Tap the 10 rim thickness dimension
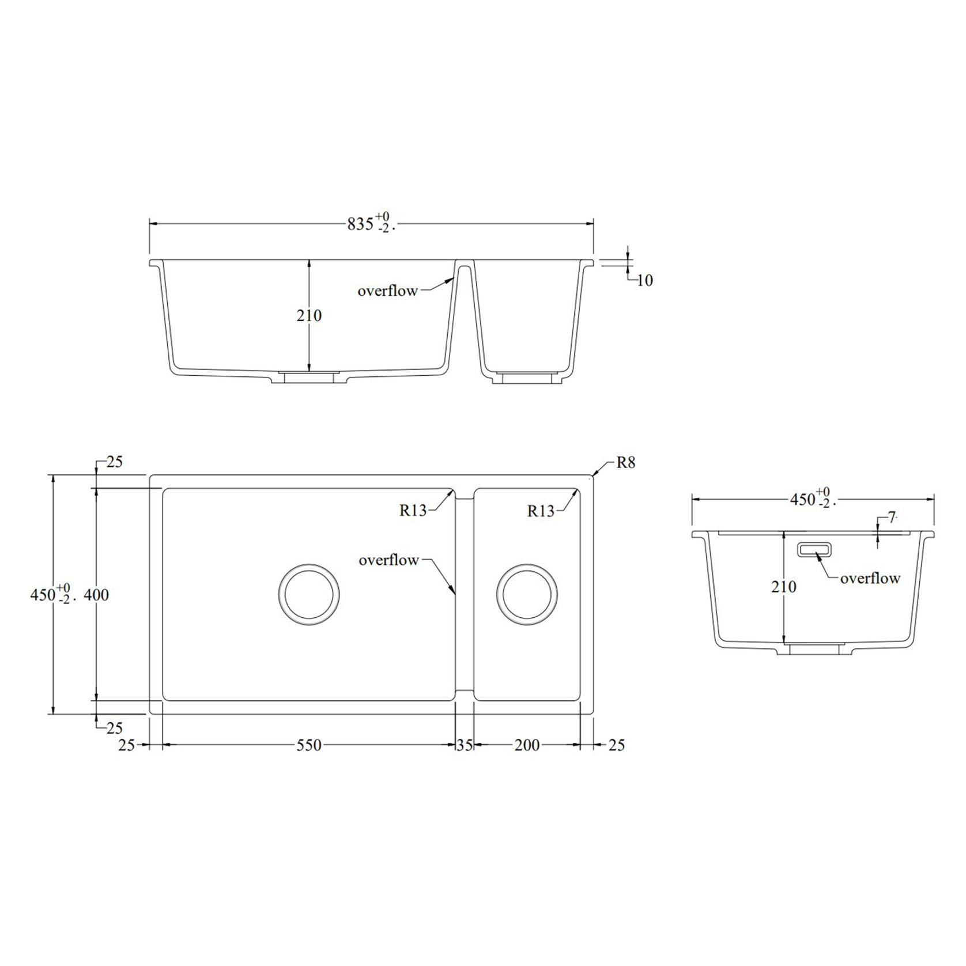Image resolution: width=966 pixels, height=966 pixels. (644, 281)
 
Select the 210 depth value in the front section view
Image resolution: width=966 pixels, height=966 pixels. (309, 316)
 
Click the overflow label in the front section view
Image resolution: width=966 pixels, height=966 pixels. (387, 291)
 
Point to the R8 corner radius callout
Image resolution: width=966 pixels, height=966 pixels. (625, 463)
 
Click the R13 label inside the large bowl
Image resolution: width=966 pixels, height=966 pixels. (413, 510)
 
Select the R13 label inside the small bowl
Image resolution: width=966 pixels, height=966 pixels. (541, 511)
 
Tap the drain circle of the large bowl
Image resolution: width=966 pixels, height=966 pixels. (308, 595)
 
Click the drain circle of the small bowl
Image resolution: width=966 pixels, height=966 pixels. (527, 594)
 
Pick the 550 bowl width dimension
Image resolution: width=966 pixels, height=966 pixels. (309, 745)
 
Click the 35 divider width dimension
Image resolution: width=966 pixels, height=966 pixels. (465, 745)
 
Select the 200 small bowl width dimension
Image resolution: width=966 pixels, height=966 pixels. (527, 745)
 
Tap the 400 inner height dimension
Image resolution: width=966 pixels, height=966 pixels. (96, 595)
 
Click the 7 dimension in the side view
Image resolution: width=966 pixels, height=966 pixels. (892, 518)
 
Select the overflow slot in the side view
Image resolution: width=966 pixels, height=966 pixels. (814, 549)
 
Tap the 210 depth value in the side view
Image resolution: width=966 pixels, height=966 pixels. (784, 587)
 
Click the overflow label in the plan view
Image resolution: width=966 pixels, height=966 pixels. (388, 560)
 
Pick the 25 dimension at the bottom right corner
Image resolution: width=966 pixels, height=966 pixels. (616, 745)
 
